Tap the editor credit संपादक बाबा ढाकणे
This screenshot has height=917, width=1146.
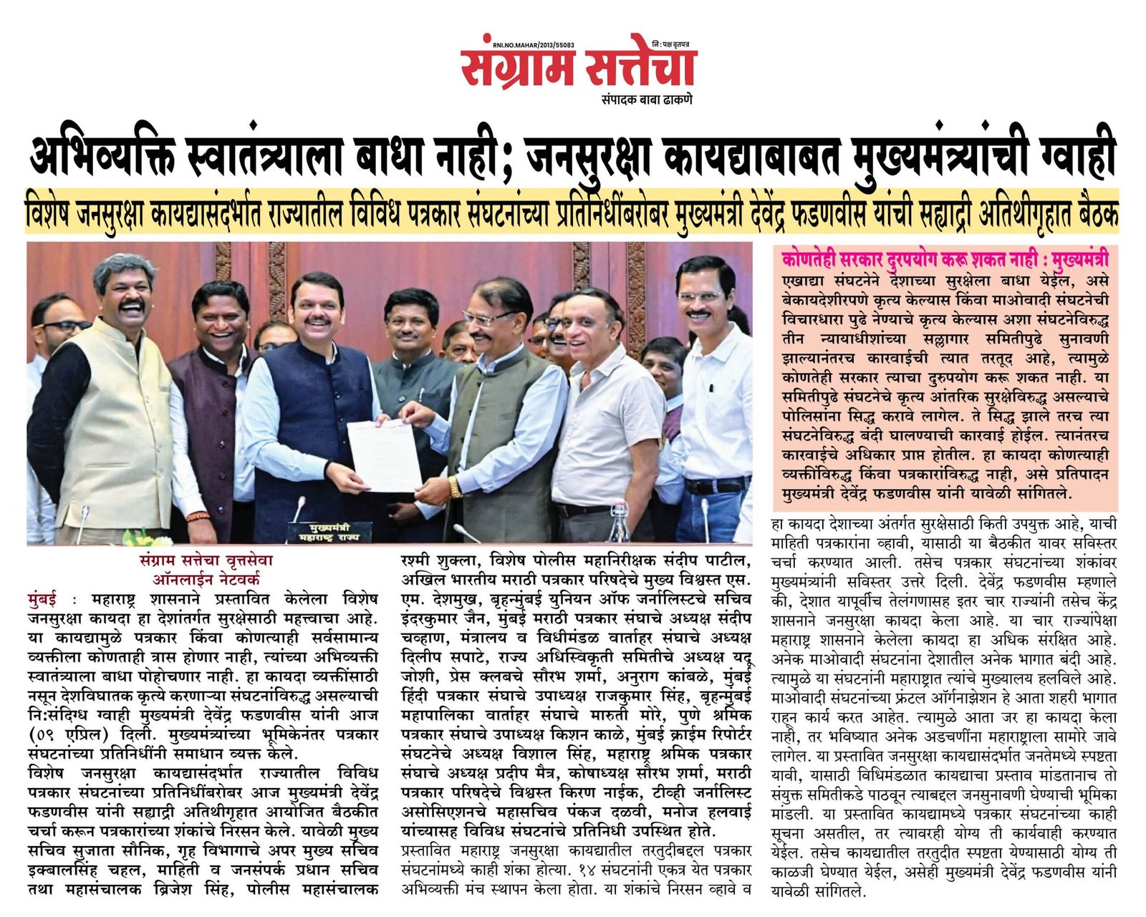click(646, 100)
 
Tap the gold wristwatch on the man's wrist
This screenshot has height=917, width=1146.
click(456, 487)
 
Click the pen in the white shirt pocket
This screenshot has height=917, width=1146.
click(711, 383)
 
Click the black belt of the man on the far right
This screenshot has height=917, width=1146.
click(716, 485)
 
